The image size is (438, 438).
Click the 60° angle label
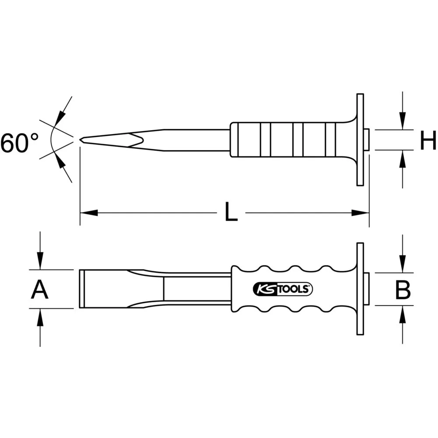tap(20, 143)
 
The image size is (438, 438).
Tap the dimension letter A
tap(40, 290)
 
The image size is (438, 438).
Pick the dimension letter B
tap(403, 290)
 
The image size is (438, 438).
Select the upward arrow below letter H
tap(403, 159)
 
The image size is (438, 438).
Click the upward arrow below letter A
tap(40, 317)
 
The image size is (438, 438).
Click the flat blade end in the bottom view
tap(82, 289)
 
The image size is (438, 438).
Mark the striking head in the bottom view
tap(367, 289)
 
